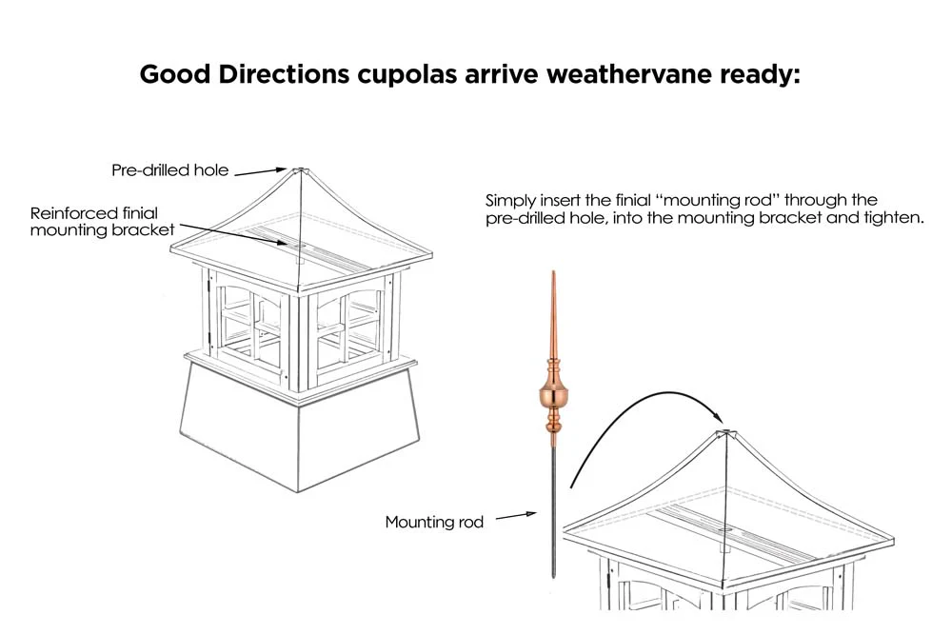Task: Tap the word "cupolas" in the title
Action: pos(407,74)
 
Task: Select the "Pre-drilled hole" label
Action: pos(170,170)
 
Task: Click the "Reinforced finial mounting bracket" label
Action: pos(102,221)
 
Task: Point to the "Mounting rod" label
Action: pos(434,522)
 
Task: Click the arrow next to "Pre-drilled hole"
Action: pos(260,171)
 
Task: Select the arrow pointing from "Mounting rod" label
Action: pos(516,516)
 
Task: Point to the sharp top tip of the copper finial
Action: pos(553,271)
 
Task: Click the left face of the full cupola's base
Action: pos(240,425)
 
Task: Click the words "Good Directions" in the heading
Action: pos(244,74)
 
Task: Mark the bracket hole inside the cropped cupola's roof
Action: pos(724,530)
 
